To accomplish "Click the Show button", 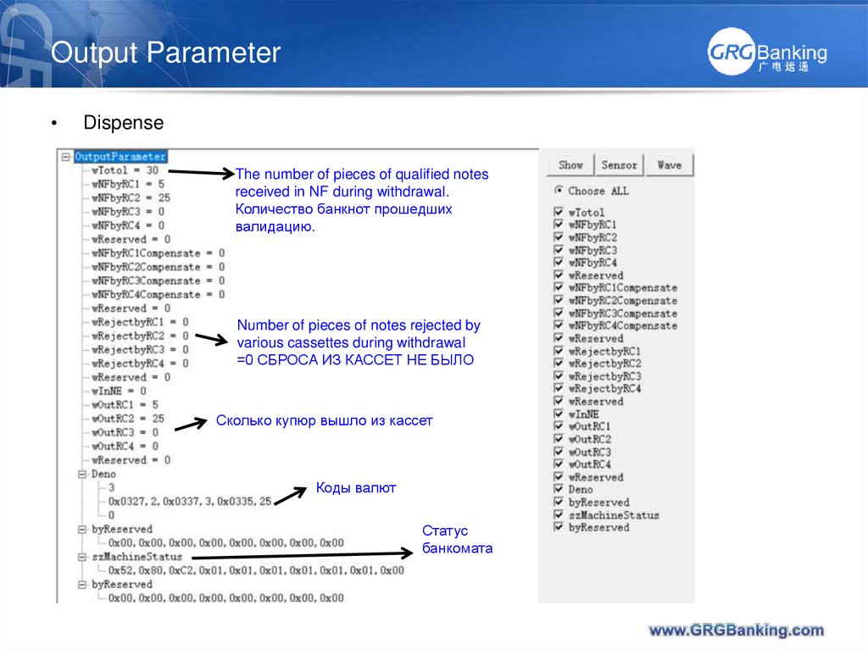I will (x=570, y=165).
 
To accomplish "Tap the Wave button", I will (x=669, y=165).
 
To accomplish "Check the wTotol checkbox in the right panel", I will (x=558, y=213).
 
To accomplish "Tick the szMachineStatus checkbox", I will (x=558, y=514).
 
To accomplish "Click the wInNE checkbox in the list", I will (x=558, y=414).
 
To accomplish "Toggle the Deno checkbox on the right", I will (x=558, y=489).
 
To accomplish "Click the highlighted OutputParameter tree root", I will (x=120, y=157).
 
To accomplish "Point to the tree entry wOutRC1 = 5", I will (x=125, y=404).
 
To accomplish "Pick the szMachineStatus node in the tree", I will (x=136, y=557).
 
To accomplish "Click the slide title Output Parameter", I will (x=165, y=53).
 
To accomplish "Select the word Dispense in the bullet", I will (x=123, y=123).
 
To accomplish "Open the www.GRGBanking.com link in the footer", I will (x=736, y=630).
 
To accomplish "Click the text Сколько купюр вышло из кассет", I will (x=324, y=420).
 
